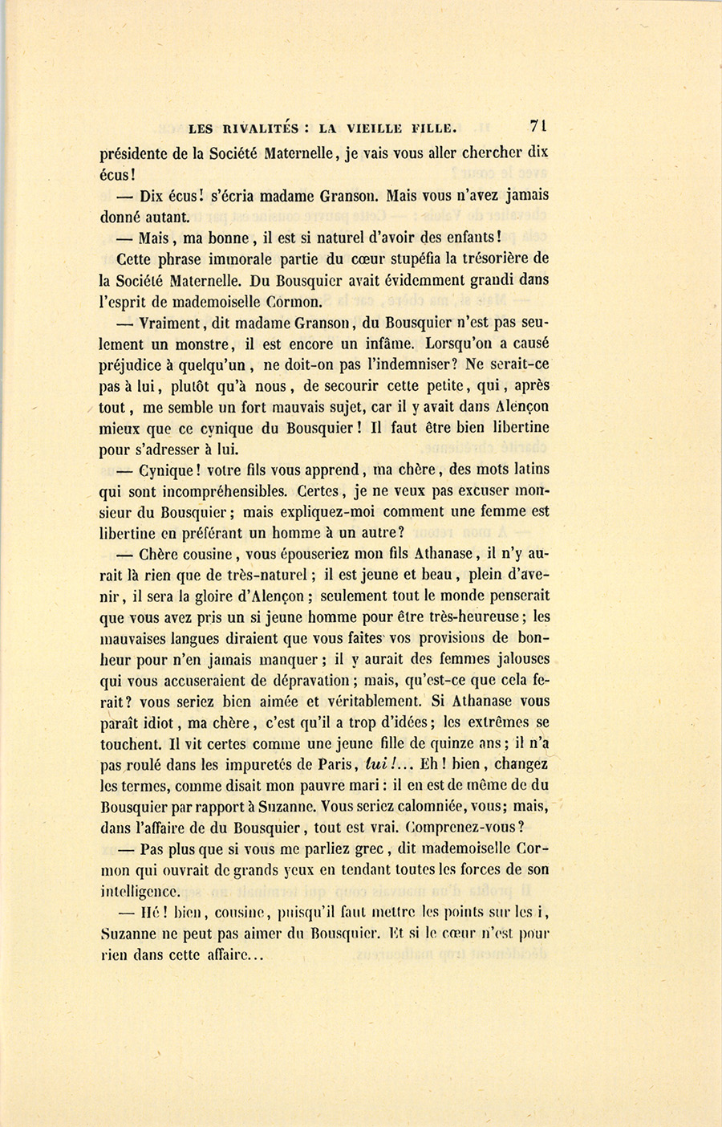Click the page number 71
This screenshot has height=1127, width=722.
coord(537,126)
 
